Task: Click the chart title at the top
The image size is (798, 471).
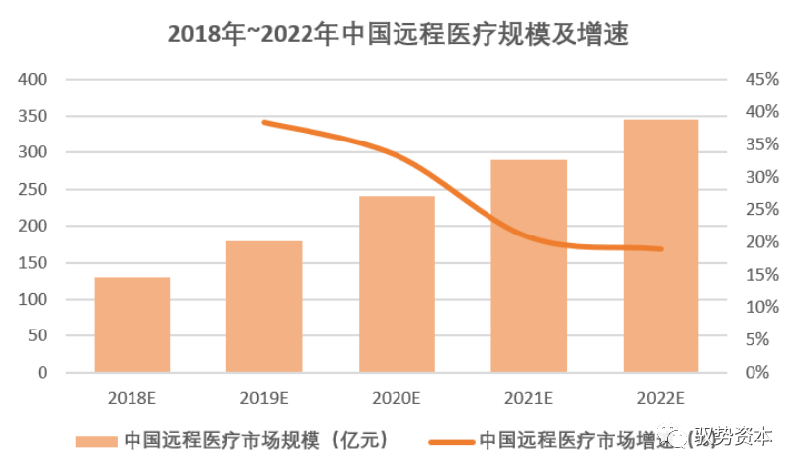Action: (x=399, y=34)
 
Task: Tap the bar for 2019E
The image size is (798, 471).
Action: (x=264, y=307)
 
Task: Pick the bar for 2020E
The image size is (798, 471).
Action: (x=397, y=284)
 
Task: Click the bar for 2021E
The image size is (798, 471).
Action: (x=529, y=266)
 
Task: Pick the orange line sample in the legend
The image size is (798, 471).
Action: (x=451, y=440)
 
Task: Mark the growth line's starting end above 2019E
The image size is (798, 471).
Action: (x=263, y=122)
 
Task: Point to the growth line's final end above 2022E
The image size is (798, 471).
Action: (x=660, y=248)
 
